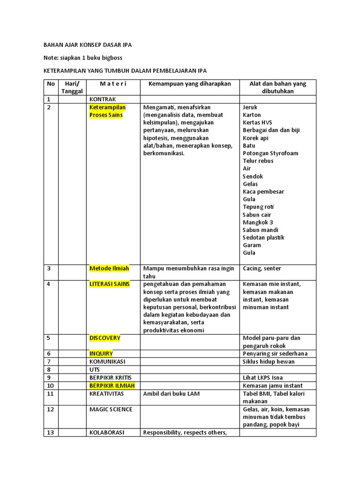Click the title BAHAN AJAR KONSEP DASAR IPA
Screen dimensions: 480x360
pos(88,45)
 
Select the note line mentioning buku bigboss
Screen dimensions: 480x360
pos(83,58)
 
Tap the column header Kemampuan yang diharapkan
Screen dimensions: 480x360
pos(190,84)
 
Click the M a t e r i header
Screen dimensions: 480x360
pos(113,84)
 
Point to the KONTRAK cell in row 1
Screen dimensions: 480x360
pos(103,99)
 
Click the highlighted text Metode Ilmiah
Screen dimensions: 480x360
pos(109,269)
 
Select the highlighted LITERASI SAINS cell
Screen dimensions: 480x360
pos(110,284)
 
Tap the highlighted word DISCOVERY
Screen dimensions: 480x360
pos(105,338)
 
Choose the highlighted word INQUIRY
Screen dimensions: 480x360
pos(101,353)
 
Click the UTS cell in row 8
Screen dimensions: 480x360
pos(95,370)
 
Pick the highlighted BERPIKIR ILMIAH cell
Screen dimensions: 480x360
pos(112,385)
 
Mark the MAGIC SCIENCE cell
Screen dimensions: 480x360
pos(111,409)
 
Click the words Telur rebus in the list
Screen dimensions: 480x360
pos(258,161)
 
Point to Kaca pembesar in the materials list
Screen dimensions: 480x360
pos(263,191)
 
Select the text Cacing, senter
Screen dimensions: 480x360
pos(262,269)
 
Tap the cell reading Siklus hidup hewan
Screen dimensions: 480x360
pos(269,361)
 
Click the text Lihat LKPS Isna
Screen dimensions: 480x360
pos(263,377)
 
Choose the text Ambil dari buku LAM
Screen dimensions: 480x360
pos(172,393)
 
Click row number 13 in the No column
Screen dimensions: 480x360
pos(50,432)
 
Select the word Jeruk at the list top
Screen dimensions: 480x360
pos(250,107)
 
